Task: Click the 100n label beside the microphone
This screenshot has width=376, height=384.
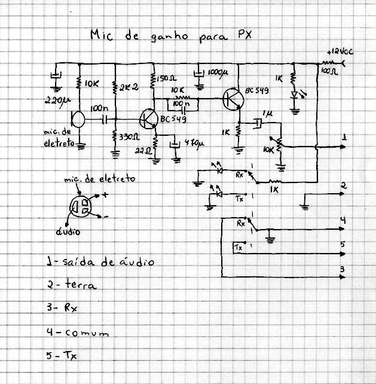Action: click(x=99, y=110)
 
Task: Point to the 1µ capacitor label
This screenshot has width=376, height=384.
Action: click(x=267, y=113)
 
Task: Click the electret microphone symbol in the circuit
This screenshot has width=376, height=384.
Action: click(x=77, y=120)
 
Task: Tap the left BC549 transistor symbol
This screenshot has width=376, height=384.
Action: click(x=148, y=119)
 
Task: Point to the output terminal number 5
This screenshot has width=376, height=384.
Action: click(x=343, y=243)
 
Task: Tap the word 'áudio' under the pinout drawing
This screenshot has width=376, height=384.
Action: click(x=70, y=230)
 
